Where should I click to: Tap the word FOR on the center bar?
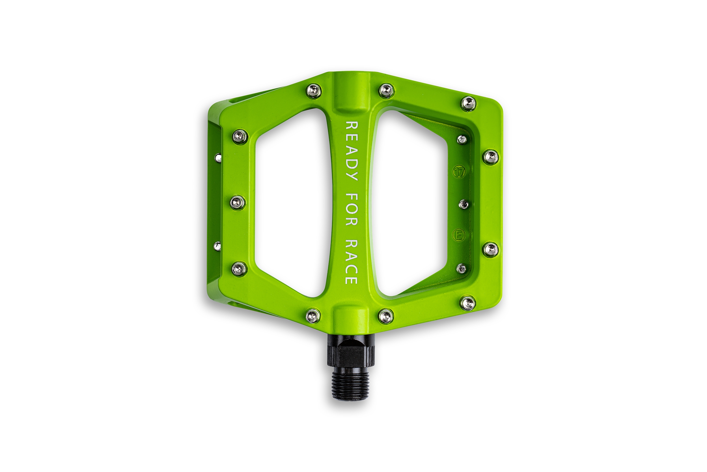pos(352,210)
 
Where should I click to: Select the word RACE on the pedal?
pos(352,262)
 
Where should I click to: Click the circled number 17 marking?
pos(459,172)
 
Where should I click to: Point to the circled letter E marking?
pos(459,235)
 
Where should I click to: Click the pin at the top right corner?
pos(468,104)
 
